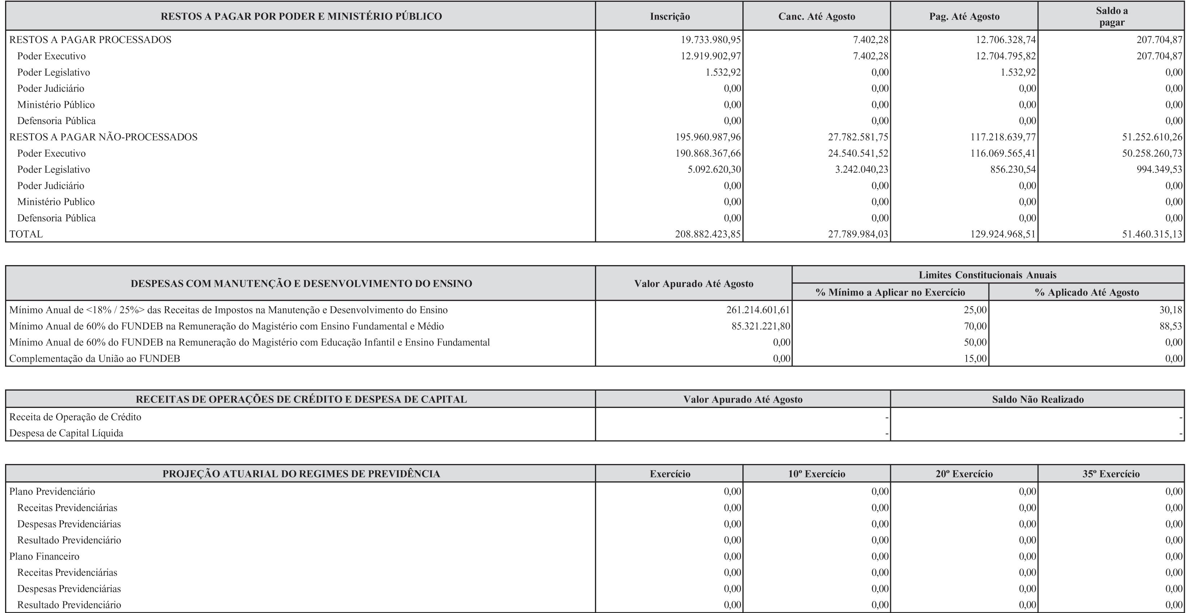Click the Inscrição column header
coord(669,17)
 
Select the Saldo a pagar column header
coord(1111,16)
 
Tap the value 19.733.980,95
coord(711,40)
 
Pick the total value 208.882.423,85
coord(708,234)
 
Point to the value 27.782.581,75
coord(858,137)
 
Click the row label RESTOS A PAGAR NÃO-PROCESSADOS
coord(103,137)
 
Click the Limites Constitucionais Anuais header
coord(987,275)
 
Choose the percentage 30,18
coord(1170,310)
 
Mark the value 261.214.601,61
coord(758,310)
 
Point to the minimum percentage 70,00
coord(975,326)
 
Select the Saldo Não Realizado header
coord(1038,399)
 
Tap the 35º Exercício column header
coord(1111,474)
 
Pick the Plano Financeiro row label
coord(44,556)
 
